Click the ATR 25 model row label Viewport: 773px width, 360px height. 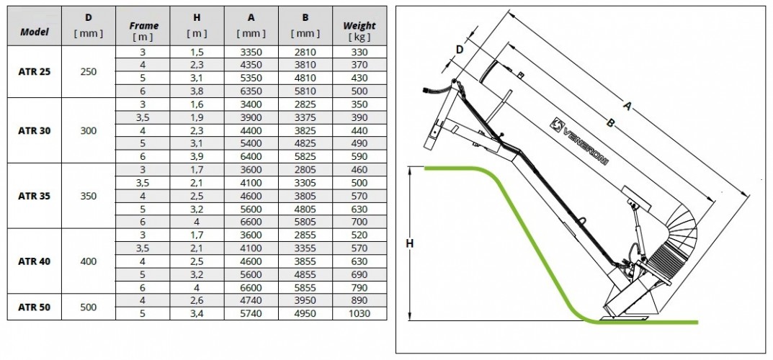tap(35, 71)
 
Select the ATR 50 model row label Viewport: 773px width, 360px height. tap(35, 307)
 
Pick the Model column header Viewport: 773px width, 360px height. tap(35, 32)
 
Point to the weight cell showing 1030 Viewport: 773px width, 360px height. tap(359, 313)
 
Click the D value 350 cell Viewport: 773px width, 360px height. tap(89, 196)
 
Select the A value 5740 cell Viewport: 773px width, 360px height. tap(251, 313)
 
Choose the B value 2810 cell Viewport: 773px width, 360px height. tap(305, 52)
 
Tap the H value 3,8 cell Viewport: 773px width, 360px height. tap(197, 91)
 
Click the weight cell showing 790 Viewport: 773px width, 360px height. tap(359, 287)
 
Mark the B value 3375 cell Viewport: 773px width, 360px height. tap(305, 117)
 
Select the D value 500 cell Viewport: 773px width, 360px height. tap(89, 307)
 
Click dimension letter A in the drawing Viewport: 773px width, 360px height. tap(627, 106)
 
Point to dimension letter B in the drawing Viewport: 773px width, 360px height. tap(611, 124)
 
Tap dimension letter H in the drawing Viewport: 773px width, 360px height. tap(409, 244)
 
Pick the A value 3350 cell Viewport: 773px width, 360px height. tap(251, 52)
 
